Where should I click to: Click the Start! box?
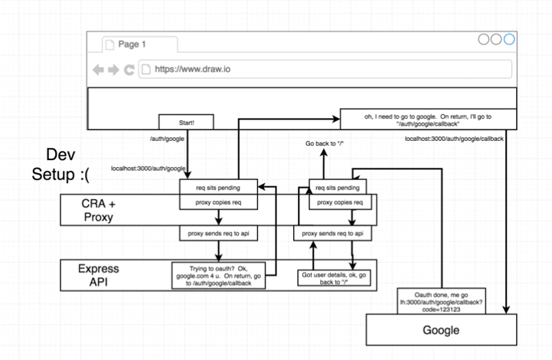pyautogui.click(x=185, y=122)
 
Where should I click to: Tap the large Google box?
pyautogui.click(x=442, y=330)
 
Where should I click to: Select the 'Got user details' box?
pyautogui.click(x=337, y=277)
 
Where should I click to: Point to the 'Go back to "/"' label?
pyautogui.click(x=325, y=144)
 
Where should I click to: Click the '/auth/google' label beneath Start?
pyautogui.click(x=167, y=139)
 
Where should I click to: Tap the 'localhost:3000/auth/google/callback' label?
pyautogui.click(x=455, y=139)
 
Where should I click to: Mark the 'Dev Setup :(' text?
pyautogui.click(x=60, y=164)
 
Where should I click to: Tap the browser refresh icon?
pyautogui.click(x=129, y=70)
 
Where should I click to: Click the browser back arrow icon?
pyautogui.click(x=98, y=70)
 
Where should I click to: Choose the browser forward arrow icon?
pyautogui.click(x=113, y=70)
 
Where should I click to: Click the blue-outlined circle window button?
pyautogui.click(x=509, y=41)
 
